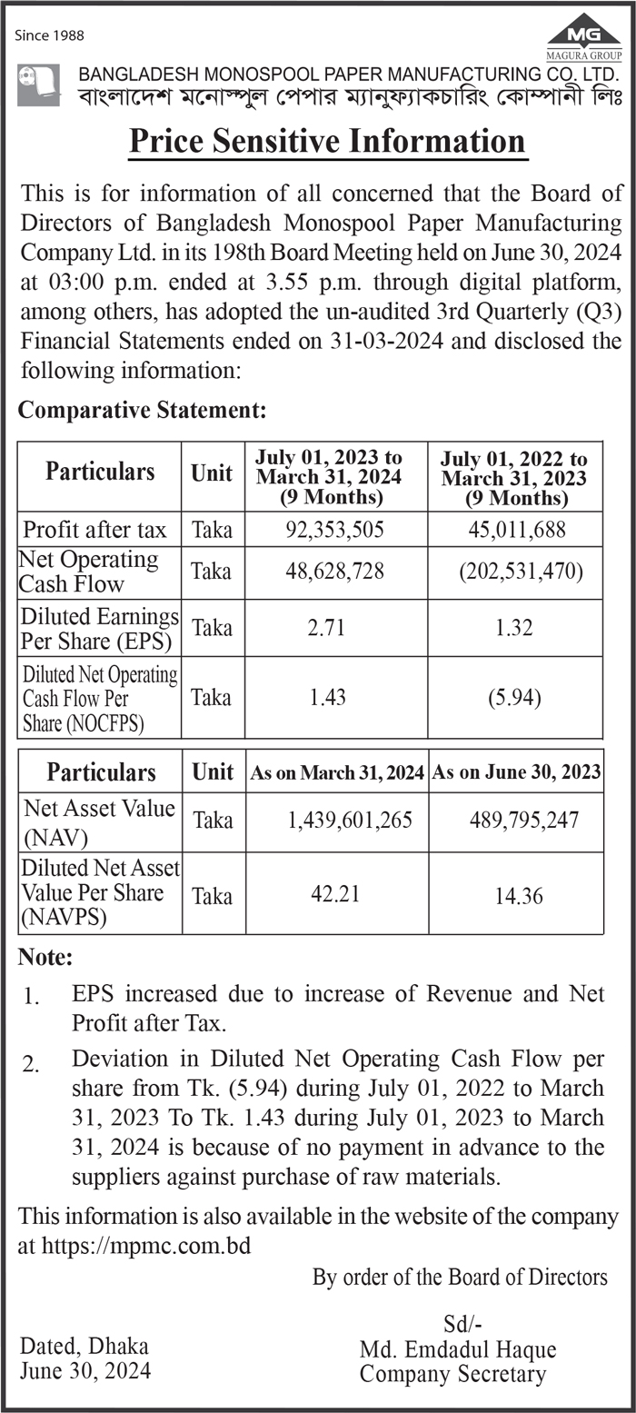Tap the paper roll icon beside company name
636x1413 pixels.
coord(39,85)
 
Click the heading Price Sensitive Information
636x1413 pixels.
coord(327,142)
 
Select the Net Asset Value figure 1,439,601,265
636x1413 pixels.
coord(350,821)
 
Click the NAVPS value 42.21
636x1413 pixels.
coord(335,894)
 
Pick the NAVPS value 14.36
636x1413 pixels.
coord(519,896)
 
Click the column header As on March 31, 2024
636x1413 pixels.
coord(337,773)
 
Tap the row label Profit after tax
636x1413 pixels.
coord(94,529)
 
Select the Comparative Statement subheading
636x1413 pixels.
coord(143,410)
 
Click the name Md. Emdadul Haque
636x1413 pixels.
coord(458,1349)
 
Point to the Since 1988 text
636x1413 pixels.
coord(51,35)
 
